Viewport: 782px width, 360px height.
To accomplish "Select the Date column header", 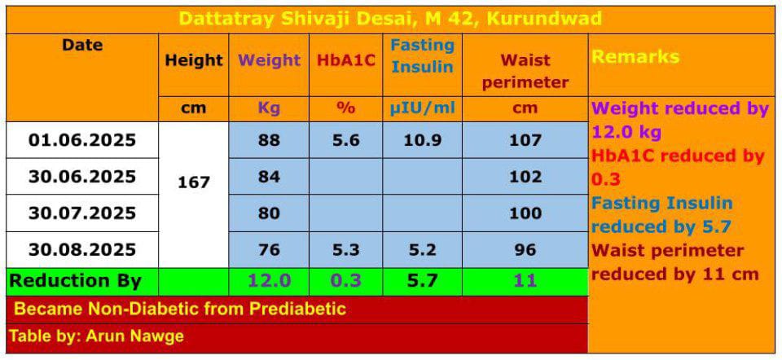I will (x=82, y=46).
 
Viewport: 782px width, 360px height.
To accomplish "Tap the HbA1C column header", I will (x=346, y=60).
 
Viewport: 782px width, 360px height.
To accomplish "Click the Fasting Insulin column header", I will (x=422, y=56).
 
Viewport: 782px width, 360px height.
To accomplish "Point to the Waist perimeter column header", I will (x=525, y=71).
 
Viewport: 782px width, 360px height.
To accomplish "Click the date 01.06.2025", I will (x=82, y=140).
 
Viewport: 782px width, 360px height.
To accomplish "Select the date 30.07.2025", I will (x=82, y=213).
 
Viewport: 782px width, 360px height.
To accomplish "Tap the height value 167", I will (x=194, y=182).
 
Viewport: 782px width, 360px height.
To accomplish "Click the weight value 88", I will (x=269, y=140).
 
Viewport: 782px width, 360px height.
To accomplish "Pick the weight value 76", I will (x=269, y=249).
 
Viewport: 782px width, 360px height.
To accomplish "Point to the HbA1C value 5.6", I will (x=346, y=140).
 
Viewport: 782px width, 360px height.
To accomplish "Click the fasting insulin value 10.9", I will (x=422, y=140).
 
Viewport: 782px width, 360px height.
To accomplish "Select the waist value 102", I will (x=525, y=177).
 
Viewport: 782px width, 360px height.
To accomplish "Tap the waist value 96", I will (x=525, y=249).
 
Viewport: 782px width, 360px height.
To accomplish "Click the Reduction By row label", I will (x=75, y=281).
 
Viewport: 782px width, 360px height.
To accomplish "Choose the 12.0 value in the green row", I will (x=269, y=281).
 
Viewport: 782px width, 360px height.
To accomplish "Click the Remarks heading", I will (x=635, y=57).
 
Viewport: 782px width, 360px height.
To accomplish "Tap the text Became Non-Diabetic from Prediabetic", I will (x=180, y=310).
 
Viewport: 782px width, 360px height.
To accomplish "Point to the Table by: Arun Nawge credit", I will (x=96, y=336).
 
